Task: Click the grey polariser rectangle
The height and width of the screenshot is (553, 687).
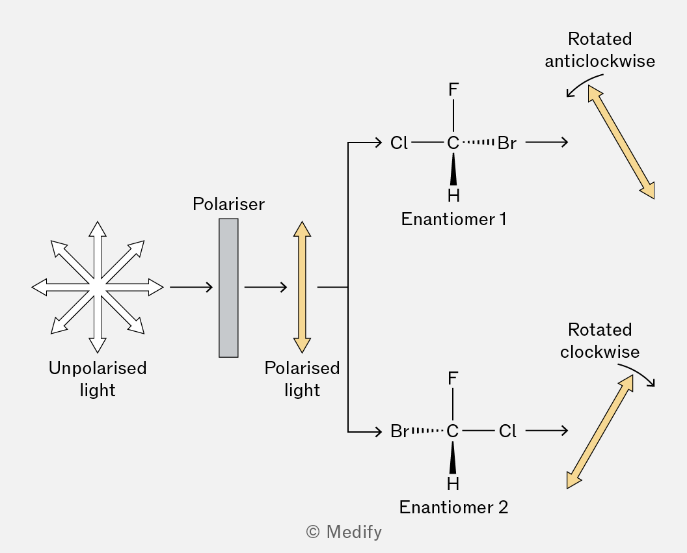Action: click(x=229, y=288)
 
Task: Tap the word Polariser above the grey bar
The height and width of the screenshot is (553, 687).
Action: click(x=229, y=204)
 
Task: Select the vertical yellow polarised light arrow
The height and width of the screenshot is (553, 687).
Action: click(x=303, y=287)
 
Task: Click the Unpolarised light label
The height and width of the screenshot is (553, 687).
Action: click(x=98, y=379)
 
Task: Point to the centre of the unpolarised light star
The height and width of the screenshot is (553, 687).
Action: click(x=98, y=287)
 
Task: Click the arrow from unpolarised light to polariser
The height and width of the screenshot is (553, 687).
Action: click(x=191, y=287)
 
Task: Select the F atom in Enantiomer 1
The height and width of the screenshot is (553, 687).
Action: click(x=453, y=90)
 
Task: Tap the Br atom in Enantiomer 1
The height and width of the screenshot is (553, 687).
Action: click(x=507, y=143)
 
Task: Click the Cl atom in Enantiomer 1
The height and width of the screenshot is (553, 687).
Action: click(x=399, y=143)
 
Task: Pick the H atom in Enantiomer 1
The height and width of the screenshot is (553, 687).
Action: click(x=453, y=195)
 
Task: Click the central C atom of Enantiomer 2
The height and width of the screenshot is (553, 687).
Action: click(x=453, y=431)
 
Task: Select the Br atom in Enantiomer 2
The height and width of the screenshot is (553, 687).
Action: click(x=399, y=431)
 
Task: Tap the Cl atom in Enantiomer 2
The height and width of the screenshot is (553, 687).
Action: click(x=507, y=431)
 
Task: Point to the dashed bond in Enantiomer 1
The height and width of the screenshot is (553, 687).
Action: click(x=478, y=142)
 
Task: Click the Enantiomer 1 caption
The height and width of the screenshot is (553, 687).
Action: click(x=453, y=219)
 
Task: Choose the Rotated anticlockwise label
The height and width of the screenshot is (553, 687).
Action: click(x=600, y=50)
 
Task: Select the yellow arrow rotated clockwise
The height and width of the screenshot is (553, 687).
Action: click(x=600, y=432)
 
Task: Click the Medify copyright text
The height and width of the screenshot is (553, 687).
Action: click(x=344, y=532)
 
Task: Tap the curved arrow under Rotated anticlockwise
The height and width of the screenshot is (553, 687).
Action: click(x=583, y=82)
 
